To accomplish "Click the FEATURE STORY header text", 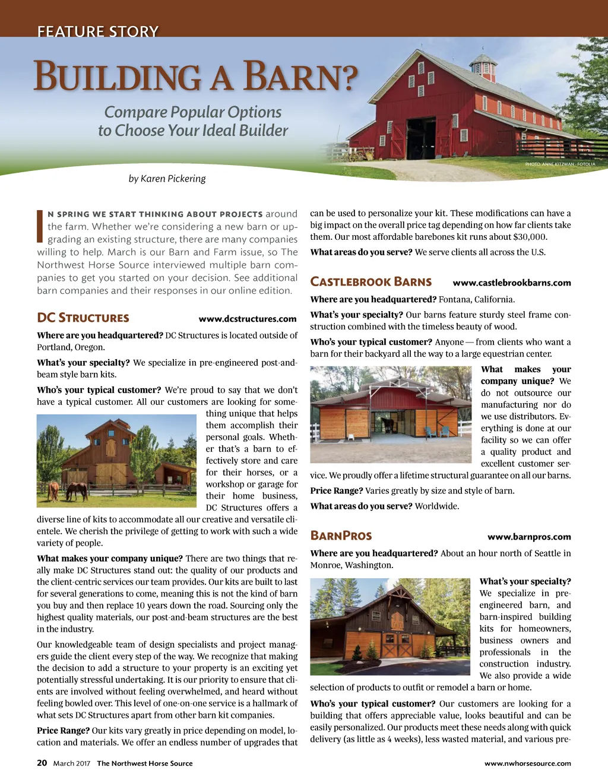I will pyautogui.click(x=98, y=31).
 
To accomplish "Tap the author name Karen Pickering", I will pyautogui.click(x=173, y=179).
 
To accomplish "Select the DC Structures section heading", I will pyautogui.click(x=83, y=318).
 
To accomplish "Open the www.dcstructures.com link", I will pyautogui.click(x=247, y=319).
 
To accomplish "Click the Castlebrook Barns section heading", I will pyautogui.click(x=370, y=282).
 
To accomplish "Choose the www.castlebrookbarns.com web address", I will pyautogui.click(x=511, y=283).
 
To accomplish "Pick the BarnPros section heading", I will pyautogui.click(x=341, y=536).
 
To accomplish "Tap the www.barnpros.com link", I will pyautogui.click(x=529, y=537).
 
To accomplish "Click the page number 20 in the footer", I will pyautogui.click(x=42, y=763).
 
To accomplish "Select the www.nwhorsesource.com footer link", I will pyautogui.click(x=527, y=763).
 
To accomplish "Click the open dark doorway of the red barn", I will pyautogui.click(x=421, y=137).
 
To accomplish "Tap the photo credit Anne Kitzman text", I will pyautogui.click(x=560, y=164).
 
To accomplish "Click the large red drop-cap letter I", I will pyautogui.click(x=40, y=226).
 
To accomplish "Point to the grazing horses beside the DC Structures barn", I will pyautogui.click(x=69, y=491).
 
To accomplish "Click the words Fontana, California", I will pyautogui.click(x=477, y=299).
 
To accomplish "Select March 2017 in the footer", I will pyautogui.click(x=71, y=763).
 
